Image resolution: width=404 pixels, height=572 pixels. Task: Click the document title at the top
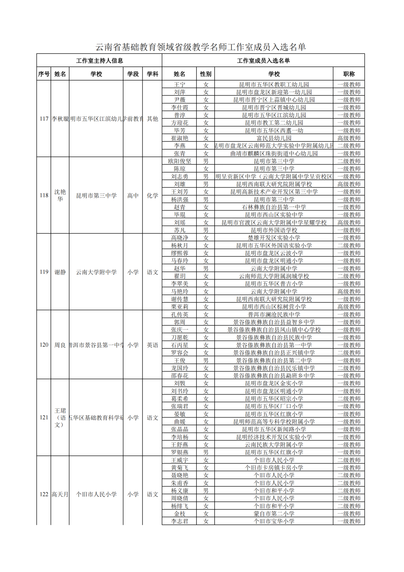pos(201,47)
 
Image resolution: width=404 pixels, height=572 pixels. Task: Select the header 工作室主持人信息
pos(99,61)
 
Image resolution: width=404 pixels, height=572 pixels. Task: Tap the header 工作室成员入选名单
pos(263,61)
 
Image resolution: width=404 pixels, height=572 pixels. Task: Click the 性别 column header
pos(205,74)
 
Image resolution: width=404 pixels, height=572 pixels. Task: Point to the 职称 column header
pos(349,74)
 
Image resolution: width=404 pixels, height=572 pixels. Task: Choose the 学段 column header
pos(133,74)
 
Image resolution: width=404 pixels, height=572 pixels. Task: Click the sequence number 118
pos(44,195)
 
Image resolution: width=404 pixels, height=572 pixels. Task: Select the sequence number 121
pos(44,417)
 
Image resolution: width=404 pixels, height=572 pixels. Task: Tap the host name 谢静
pos(60,272)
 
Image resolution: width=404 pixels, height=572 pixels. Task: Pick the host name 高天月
pos(60,495)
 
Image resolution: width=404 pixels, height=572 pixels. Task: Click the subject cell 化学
pos(152,195)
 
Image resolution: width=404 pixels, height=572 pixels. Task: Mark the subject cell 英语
pos(152,345)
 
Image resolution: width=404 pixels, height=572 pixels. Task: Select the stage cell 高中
pos(133,195)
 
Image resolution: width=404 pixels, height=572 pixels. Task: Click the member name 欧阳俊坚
pos(180,161)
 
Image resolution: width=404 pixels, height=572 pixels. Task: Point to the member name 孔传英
pos(180,314)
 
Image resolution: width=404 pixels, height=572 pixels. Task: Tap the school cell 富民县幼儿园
pos(274,138)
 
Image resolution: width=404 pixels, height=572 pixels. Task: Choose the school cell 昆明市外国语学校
pos(274,230)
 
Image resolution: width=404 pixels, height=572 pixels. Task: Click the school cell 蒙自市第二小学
pos(274,514)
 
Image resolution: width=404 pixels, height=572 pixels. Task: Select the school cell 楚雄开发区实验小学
pos(274,238)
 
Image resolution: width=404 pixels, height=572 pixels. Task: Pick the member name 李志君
pos(180,521)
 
